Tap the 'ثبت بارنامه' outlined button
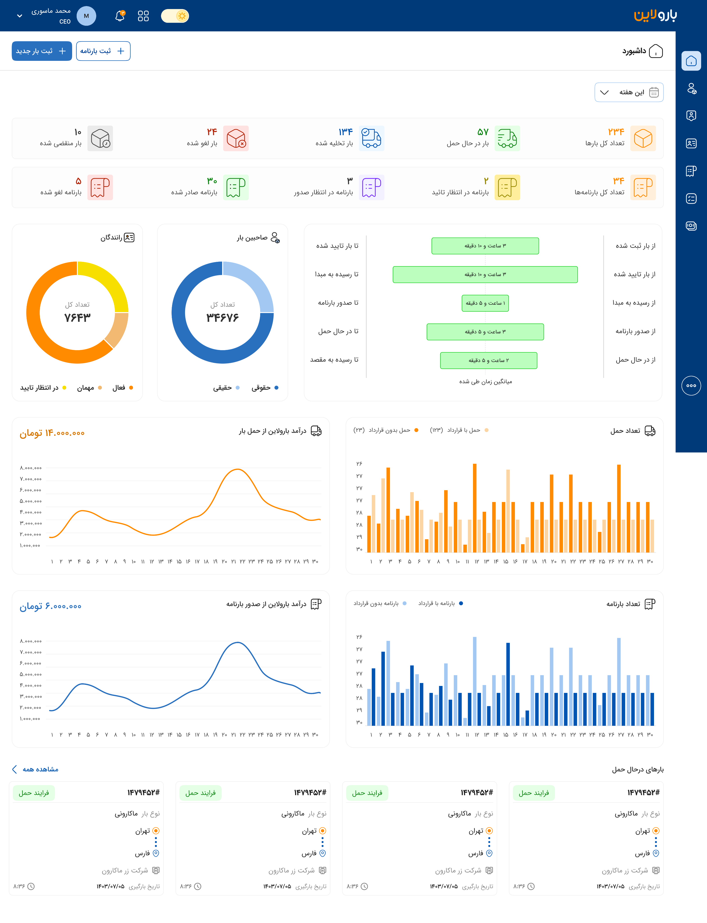(103, 51)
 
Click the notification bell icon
(120, 16)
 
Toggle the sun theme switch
(175, 16)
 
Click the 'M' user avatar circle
(86, 16)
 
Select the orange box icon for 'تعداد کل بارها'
(643, 138)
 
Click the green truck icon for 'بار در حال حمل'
(507, 138)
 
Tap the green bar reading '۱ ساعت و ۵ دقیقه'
(485, 303)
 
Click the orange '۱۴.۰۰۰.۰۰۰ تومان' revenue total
(52, 433)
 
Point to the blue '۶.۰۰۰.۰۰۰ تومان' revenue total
(50, 606)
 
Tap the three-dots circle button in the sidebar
(691, 385)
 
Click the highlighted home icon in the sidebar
(691, 61)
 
